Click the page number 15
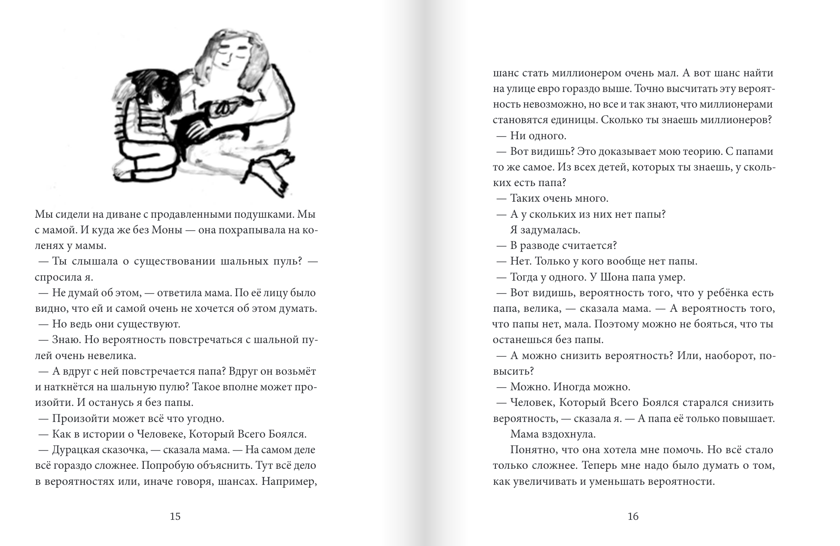(x=175, y=516)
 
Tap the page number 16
(x=633, y=516)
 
